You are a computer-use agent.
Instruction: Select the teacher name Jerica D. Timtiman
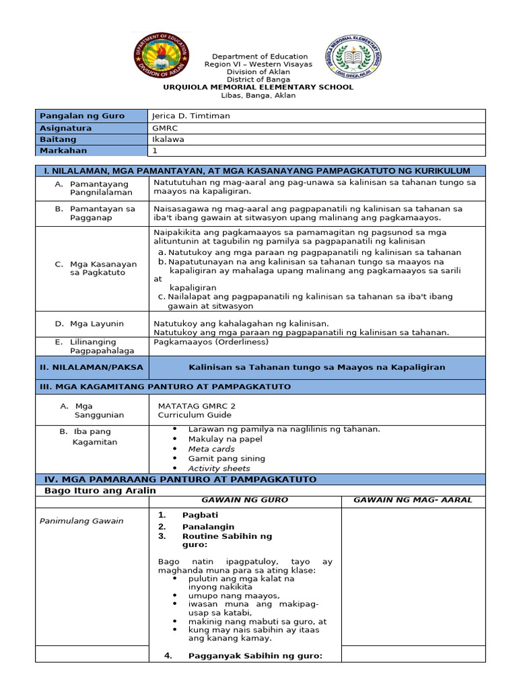[191, 116]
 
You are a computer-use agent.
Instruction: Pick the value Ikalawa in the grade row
[168, 139]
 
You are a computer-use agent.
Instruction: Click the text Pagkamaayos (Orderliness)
[211, 342]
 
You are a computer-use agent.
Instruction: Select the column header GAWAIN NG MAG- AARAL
[413, 500]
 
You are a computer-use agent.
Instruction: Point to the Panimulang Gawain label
[81, 521]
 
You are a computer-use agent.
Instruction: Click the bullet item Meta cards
[211, 449]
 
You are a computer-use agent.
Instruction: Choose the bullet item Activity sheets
[219, 468]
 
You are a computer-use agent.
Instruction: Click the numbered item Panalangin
[208, 527]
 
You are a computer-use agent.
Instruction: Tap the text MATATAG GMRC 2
[197, 406]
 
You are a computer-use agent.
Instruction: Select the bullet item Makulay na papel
[226, 439]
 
